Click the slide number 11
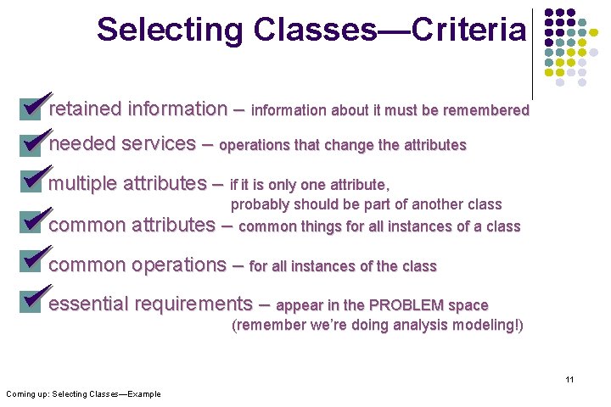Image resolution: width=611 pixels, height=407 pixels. pyautogui.click(x=569, y=379)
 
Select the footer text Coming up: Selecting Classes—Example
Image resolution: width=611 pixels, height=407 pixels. pyautogui.click(x=83, y=393)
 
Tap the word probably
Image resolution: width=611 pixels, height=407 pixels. pyautogui.click(x=261, y=204)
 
